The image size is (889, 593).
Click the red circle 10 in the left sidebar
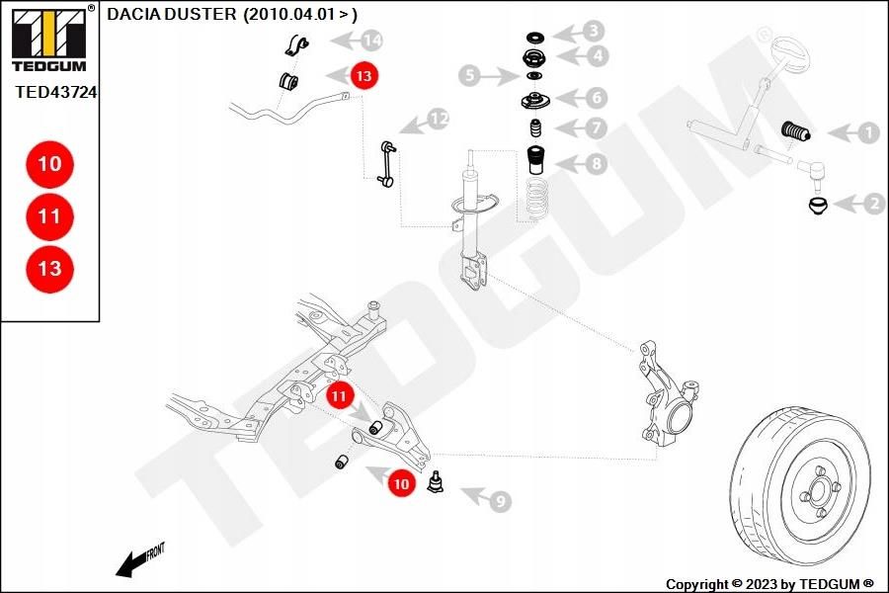tap(49, 164)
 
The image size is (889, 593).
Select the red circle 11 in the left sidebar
tap(49, 216)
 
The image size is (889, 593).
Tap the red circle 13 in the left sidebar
tap(49, 268)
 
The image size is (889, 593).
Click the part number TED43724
tap(55, 91)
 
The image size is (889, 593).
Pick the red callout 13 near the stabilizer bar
tap(364, 74)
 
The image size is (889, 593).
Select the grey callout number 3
tap(593, 31)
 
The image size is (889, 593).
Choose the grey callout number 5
tap(470, 75)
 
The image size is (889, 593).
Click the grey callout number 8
tap(596, 164)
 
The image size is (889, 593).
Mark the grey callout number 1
tap(867, 132)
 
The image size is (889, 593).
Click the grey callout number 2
tap(873, 205)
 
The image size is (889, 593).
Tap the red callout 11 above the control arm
tap(340, 396)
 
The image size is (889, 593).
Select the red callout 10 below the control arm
tap(401, 484)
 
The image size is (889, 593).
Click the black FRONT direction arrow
tap(130, 564)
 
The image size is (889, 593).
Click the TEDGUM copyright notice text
tap(769, 584)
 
